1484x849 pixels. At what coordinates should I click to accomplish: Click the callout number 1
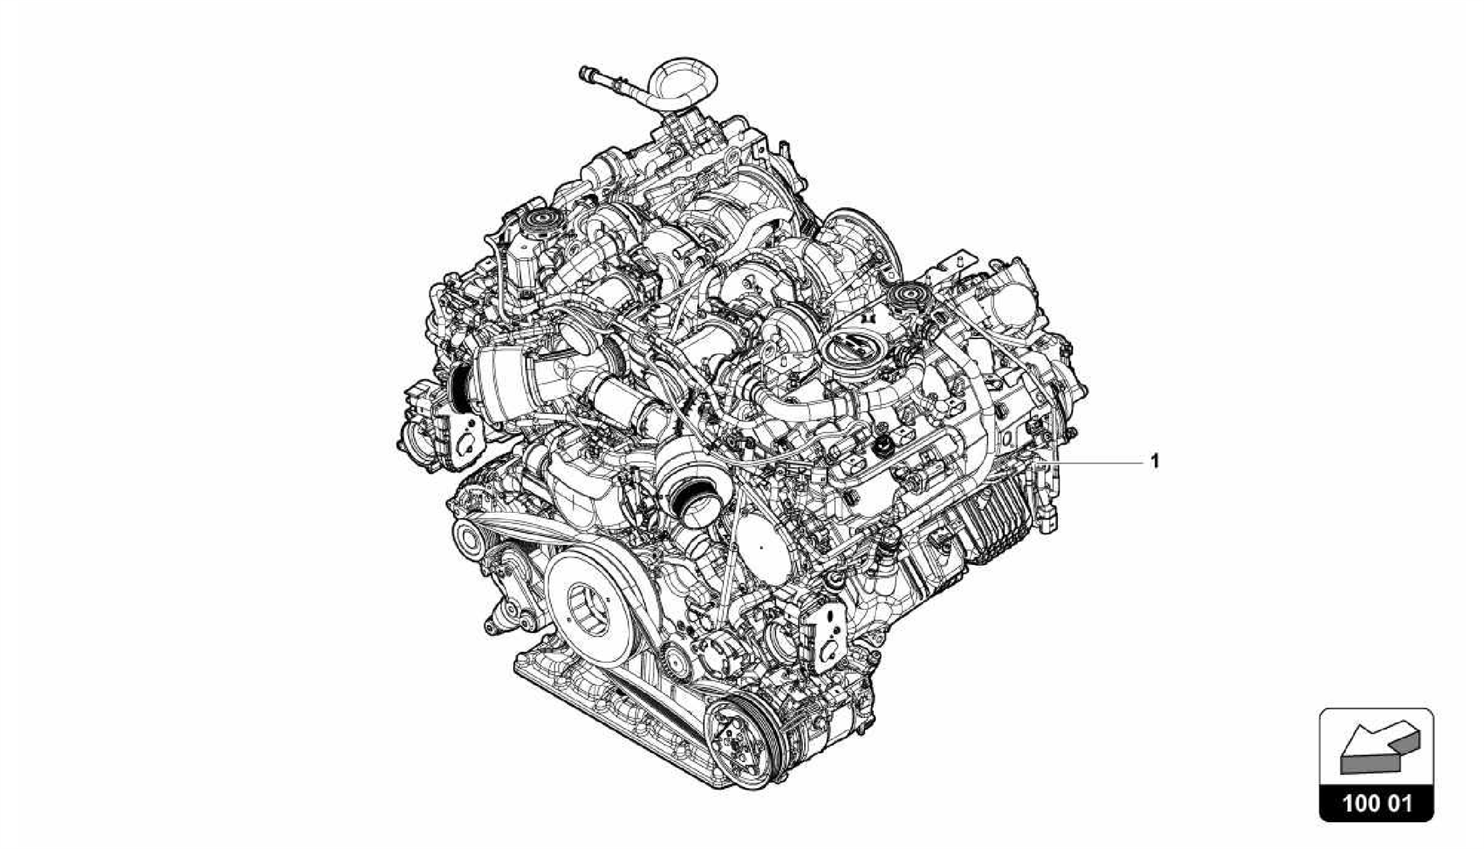[x=1155, y=461]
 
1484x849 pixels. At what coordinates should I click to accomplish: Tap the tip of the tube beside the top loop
[x=584, y=72]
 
